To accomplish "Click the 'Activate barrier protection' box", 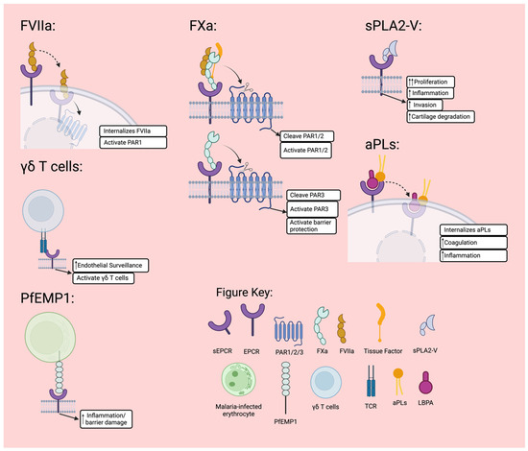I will tap(317, 227).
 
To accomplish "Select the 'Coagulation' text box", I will tap(470, 243).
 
